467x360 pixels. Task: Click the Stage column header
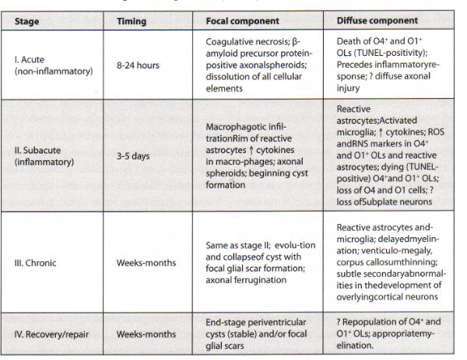pyautogui.click(x=28, y=21)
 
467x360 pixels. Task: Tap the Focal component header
pyautogui.click(x=244, y=21)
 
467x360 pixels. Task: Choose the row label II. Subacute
pyautogui.click(x=43, y=154)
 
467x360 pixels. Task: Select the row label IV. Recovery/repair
pyautogui.click(x=52, y=334)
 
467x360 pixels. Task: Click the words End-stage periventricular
pyautogui.click(x=258, y=321)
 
